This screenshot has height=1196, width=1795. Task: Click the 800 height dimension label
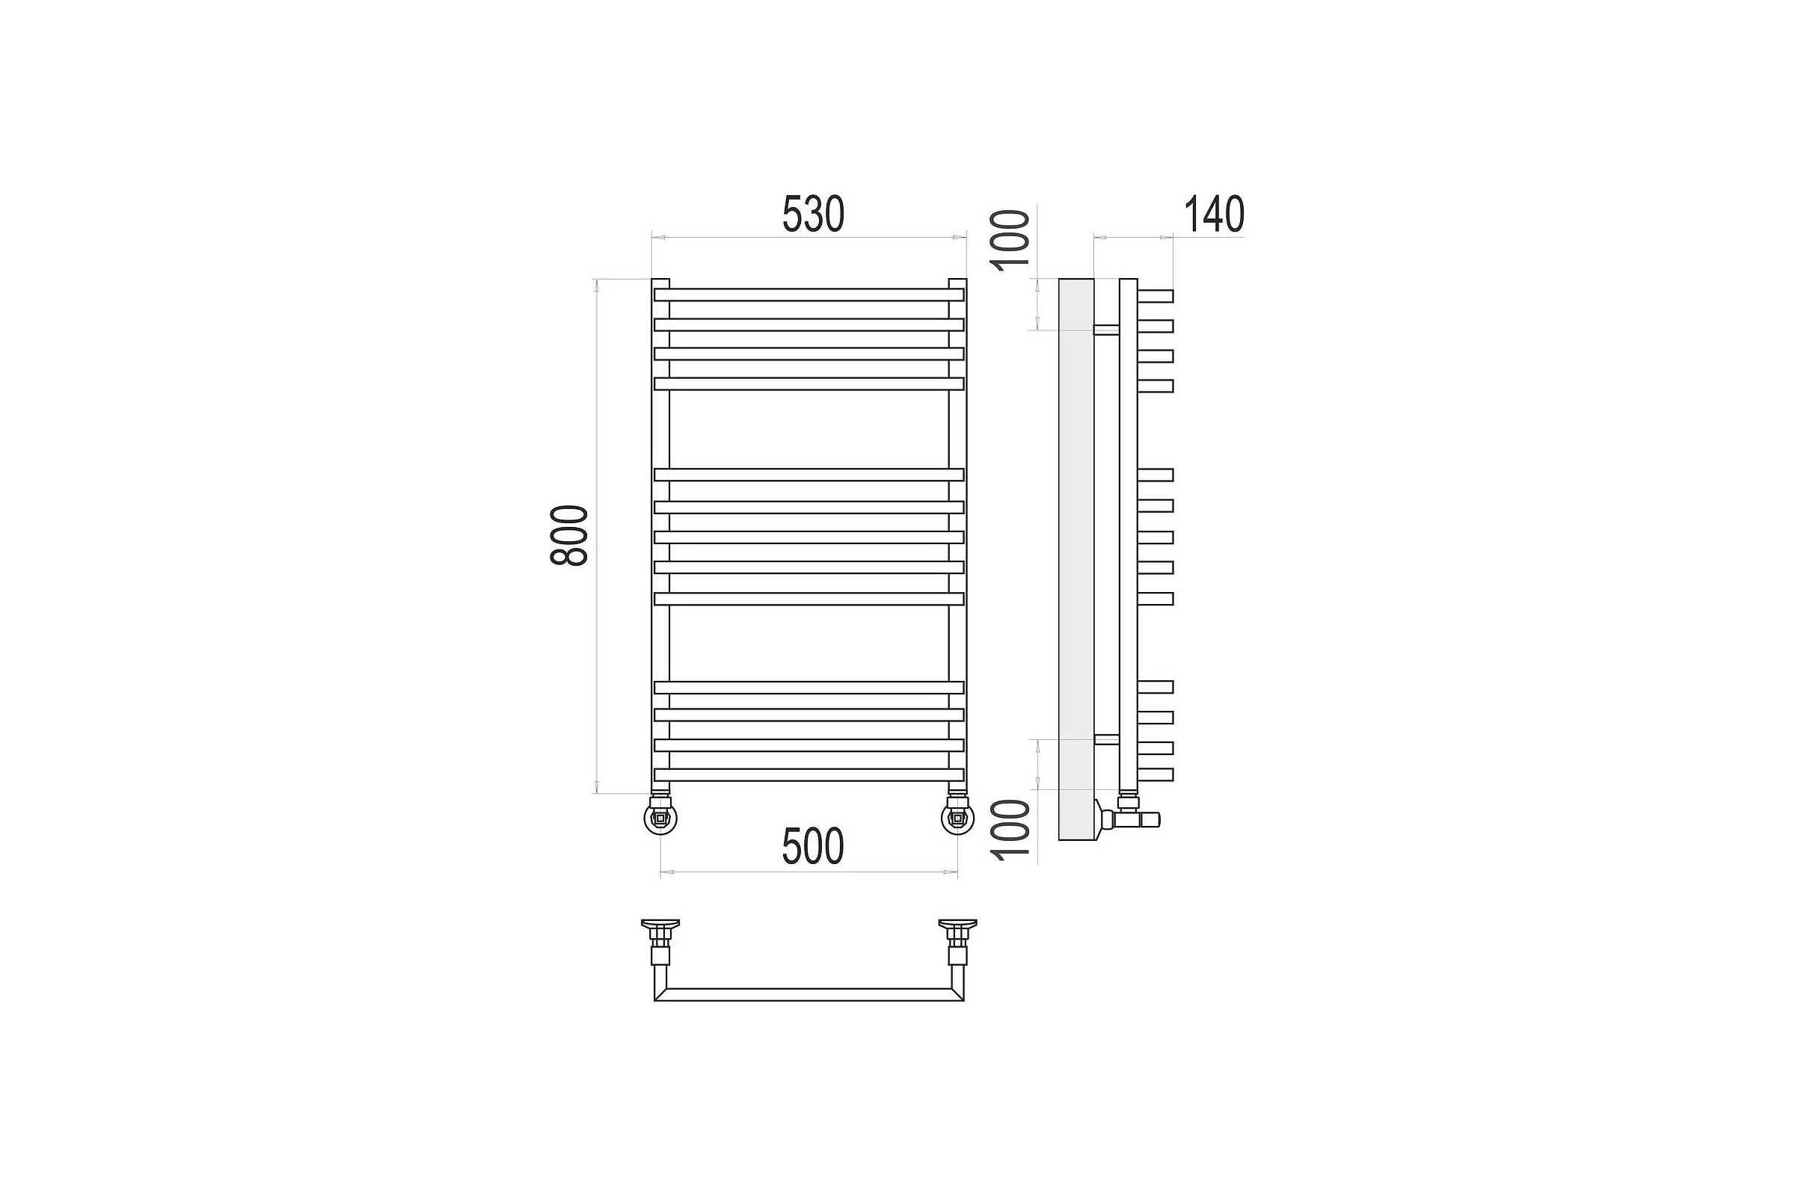point(569,534)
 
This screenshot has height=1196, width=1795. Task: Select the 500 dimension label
point(813,847)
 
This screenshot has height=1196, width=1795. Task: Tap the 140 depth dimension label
point(1213,215)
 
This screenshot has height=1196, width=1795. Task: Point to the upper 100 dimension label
point(1010,239)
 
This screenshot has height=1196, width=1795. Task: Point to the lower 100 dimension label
point(1010,830)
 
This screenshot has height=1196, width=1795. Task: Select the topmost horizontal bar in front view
point(809,295)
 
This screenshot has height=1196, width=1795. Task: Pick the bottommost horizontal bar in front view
point(809,775)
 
